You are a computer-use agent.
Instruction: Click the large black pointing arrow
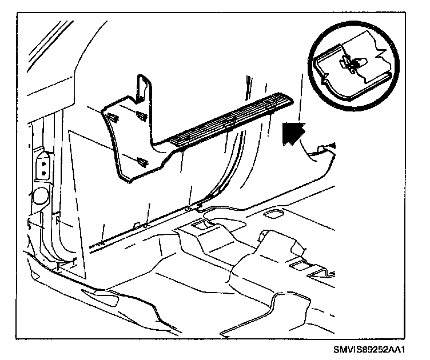(294, 134)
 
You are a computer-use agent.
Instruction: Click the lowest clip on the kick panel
(141, 162)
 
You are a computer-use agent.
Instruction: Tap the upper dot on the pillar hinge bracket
(42, 162)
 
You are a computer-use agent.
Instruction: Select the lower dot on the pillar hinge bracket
(42, 171)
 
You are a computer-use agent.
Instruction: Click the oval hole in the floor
(275, 214)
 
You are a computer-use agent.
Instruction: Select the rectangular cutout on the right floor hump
(299, 265)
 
